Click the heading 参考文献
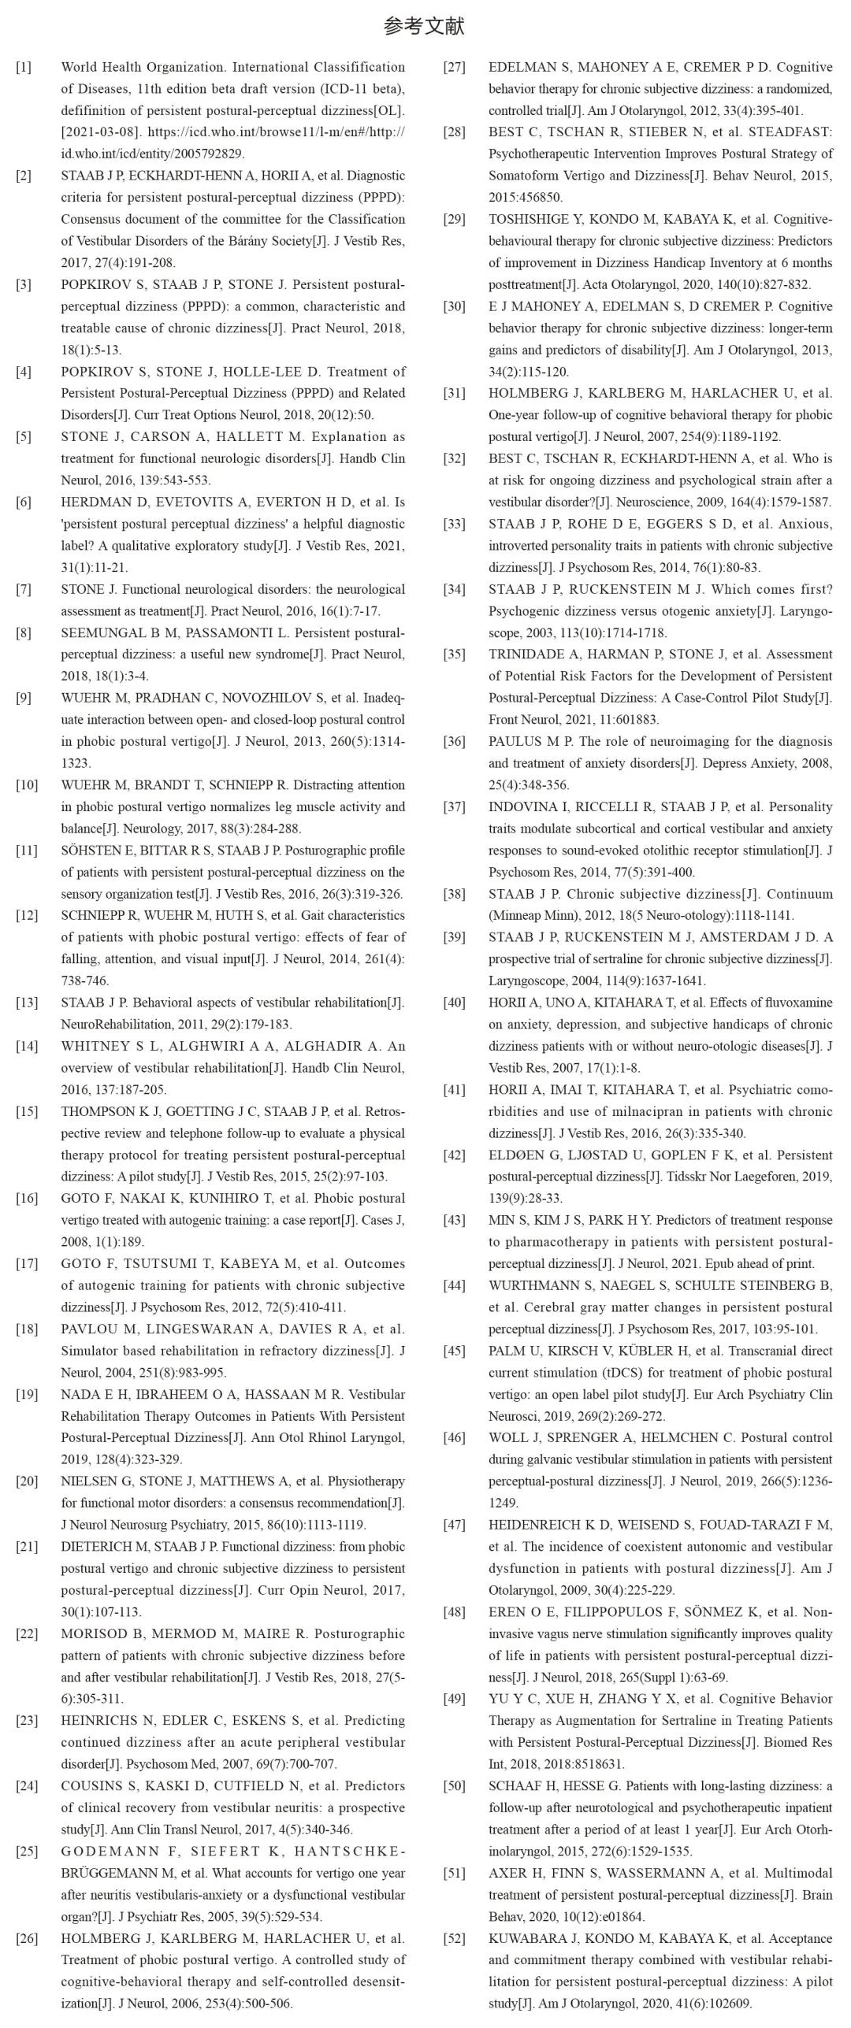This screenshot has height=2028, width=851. coord(424,26)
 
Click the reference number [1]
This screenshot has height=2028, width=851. coord(24,68)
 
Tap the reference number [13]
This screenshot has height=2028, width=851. coord(26,1003)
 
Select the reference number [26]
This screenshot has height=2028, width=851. coord(26,1938)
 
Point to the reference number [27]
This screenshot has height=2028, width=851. coord(454,68)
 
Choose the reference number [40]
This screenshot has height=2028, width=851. coord(454,1003)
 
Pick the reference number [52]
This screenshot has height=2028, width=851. coord(454,1938)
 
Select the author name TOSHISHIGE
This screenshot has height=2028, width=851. coord(532,220)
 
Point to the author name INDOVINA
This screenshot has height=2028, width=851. coord(521,807)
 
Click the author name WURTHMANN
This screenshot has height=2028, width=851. coord(536,1286)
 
